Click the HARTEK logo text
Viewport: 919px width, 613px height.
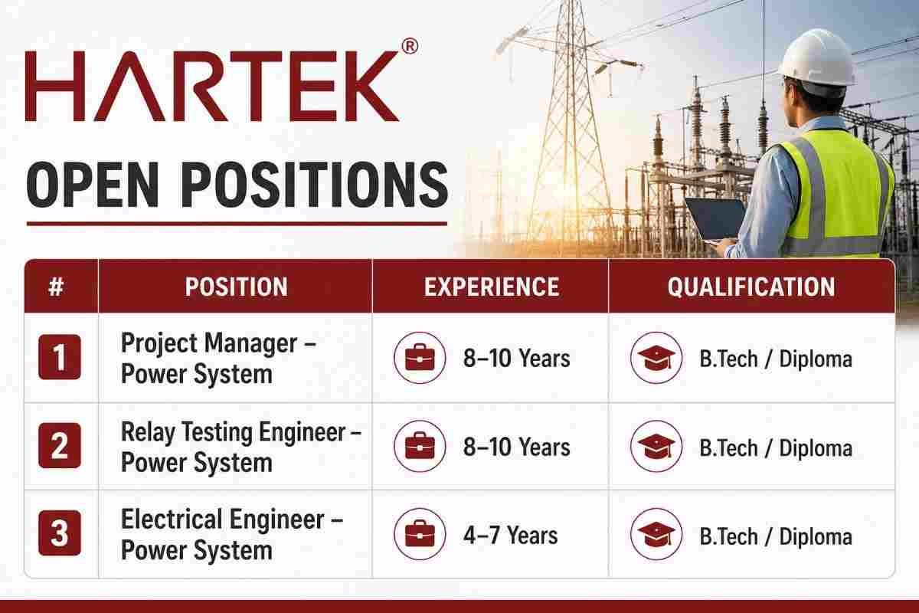[x=212, y=87]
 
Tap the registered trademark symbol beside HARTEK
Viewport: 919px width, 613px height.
[x=410, y=47]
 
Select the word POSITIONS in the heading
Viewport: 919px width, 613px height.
[x=314, y=185]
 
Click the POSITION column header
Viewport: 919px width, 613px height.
[x=236, y=287]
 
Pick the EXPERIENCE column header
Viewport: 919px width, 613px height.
[x=491, y=287]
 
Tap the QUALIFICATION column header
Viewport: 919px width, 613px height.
[x=751, y=287]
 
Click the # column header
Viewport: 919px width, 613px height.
[x=56, y=287]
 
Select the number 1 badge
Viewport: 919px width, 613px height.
[x=60, y=357]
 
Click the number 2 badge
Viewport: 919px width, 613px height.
[x=60, y=445]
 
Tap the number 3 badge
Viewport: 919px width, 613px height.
[x=60, y=533]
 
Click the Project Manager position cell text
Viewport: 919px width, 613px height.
[x=218, y=359]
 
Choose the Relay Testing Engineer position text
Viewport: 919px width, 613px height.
[x=241, y=447]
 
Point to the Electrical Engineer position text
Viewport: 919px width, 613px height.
[x=232, y=534]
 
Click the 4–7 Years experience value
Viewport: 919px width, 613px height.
[x=510, y=536]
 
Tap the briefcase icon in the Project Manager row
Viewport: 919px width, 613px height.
[x=420, y=358]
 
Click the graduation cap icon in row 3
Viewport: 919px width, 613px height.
[x=656, y=534]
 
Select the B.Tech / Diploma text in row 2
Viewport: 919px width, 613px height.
[x=775, y=448]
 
